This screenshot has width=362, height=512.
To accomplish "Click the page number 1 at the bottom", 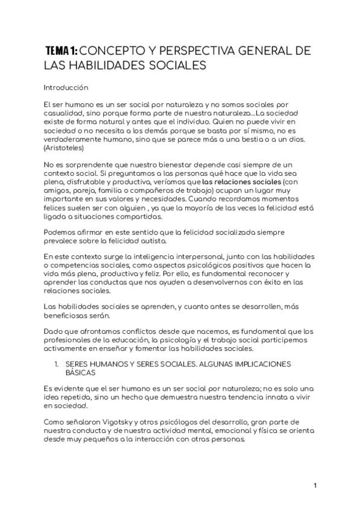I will click(x=315, y=485).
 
